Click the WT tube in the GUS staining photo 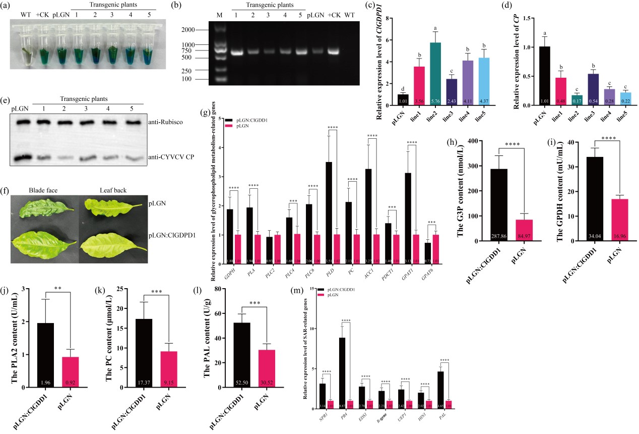(26, 48)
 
